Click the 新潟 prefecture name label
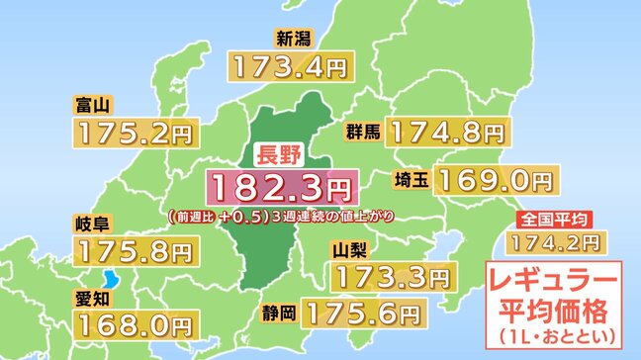click(x=296, y=40)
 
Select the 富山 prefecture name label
click(x=91, y=102)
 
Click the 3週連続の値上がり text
click(x=326, y=215)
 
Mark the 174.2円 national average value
click(x=553, y=239)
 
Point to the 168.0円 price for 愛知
click(x=133, y=322)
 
